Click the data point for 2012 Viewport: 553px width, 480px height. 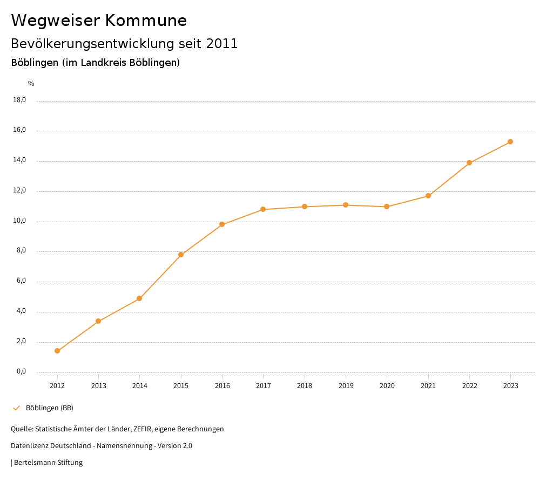[57, 351]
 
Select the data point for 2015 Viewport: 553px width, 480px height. [181, 255]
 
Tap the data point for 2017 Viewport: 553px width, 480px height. [263, 209]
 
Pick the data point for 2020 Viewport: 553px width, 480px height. [387, 206]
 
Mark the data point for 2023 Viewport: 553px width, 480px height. [510, 142]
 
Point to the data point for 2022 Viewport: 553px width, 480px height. [469, 163]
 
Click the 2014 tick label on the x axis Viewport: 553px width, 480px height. [140, 385]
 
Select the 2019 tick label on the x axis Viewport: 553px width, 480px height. [346, 385]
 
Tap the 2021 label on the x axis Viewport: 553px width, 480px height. [428, 385]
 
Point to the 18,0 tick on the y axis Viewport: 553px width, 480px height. [19, 100]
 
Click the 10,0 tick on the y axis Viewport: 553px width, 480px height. [19, 221]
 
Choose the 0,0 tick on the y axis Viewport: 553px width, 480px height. [21, 372]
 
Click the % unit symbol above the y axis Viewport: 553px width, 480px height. [31, 84]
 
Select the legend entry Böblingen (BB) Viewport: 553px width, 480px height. [50, 408]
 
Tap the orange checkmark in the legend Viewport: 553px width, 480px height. [16, 408]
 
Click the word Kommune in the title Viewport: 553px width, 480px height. [146, 21]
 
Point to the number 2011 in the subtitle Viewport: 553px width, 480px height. [222, 44]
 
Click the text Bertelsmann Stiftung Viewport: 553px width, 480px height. [48, 463]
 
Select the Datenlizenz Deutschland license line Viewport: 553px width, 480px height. [102, 446]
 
